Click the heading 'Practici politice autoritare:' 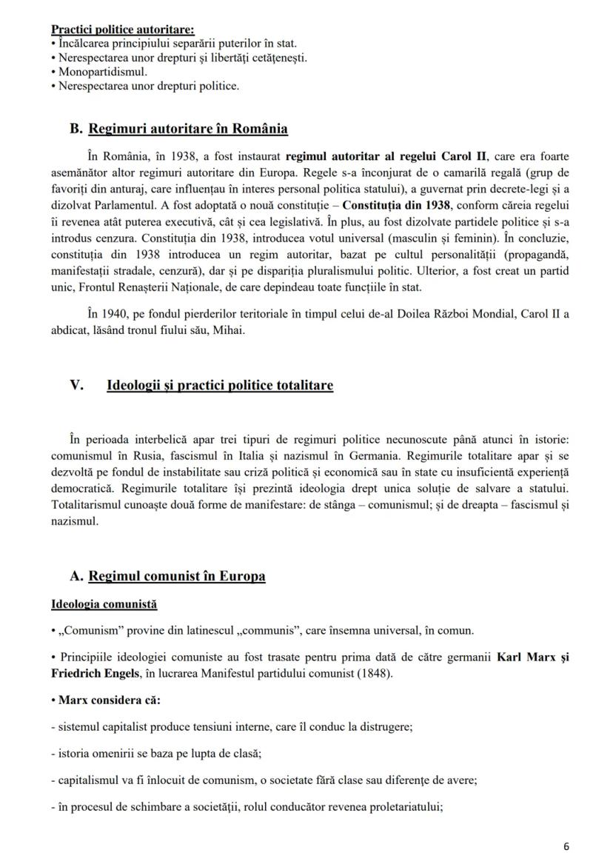coord(123,30)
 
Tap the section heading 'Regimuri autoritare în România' coord(188,128)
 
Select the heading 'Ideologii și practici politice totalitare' coord(220,386)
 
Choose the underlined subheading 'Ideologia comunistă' coord(104,604)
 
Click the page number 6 coord(566,847)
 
